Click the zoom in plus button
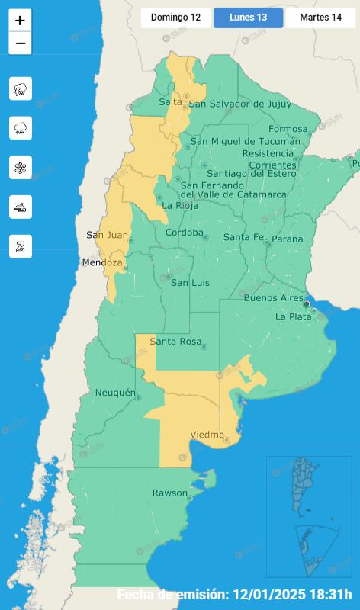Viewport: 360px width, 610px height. tap(20, 21)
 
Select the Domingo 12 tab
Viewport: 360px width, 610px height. tap(175, 18)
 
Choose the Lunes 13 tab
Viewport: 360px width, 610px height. tap(248, 18)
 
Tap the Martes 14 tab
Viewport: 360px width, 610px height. tap(320, 18)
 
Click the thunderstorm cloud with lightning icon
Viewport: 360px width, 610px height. tap(20, 88)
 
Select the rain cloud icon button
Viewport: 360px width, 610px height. tap(20, 128)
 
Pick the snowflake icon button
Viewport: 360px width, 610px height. tap(20, 168)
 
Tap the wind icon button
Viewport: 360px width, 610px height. tap(20, 207)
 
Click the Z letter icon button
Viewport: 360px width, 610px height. tap(20, 246)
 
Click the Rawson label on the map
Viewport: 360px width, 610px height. tap(169, 493)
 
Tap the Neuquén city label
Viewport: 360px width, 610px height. tap(114, 393)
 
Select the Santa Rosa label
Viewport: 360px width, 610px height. tap(175, 342)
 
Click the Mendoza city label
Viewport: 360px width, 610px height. tap(102, 263)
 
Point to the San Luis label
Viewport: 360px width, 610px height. tap(189, 283)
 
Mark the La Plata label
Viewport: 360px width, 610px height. tap(293, 316)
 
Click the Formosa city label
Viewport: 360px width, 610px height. tap(288, 128)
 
